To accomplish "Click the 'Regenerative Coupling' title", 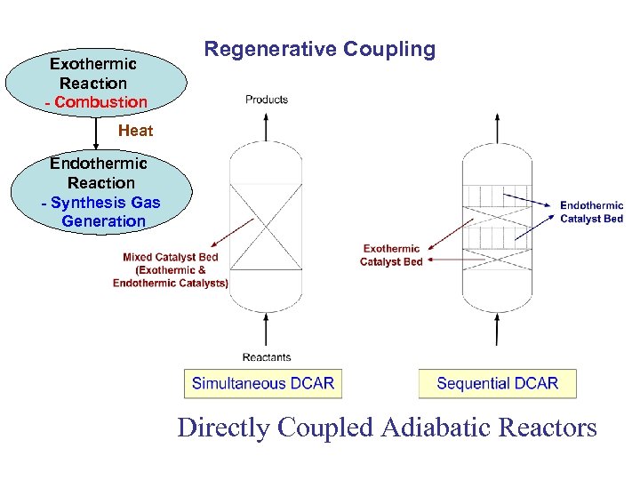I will pos(320,49).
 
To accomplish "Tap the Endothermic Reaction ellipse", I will pos(100,191).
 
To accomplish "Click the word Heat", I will pos(135,131).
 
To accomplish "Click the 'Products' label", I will pos(267,100).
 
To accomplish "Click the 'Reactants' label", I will pos(267,357).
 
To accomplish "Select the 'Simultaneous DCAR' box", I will pos(263,384).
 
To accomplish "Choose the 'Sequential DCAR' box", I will pos(497,384).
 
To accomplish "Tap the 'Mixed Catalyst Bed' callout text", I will pos(171,270).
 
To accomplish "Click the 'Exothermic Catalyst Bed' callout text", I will pos(391,255).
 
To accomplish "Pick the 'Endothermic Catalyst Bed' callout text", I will pos(591,212).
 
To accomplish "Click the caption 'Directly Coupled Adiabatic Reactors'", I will pos(387,428).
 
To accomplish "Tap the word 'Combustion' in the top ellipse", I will pos(100,101).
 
